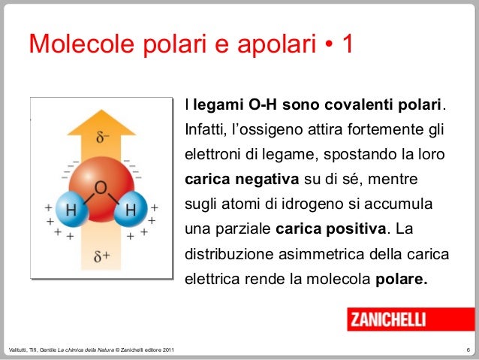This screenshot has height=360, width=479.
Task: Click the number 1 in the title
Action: pos(348,47)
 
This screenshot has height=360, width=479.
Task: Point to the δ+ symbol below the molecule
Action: pos(102,256)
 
